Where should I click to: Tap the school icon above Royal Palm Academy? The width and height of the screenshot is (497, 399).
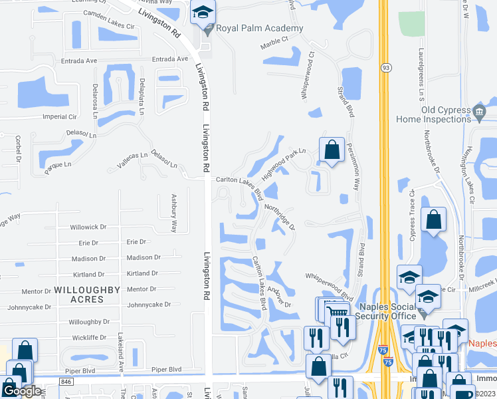(202, 12)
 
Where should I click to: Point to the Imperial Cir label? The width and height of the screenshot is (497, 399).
(60, 116)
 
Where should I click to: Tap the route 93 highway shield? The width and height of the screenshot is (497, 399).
(385, 68)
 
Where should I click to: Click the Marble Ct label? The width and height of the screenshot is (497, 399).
(275, 39)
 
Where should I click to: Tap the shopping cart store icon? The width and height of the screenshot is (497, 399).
(337, 311)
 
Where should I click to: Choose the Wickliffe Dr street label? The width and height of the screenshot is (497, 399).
(84, 337)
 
